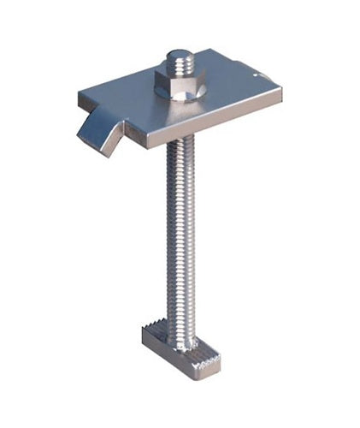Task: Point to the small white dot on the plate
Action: tap(258, 74)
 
